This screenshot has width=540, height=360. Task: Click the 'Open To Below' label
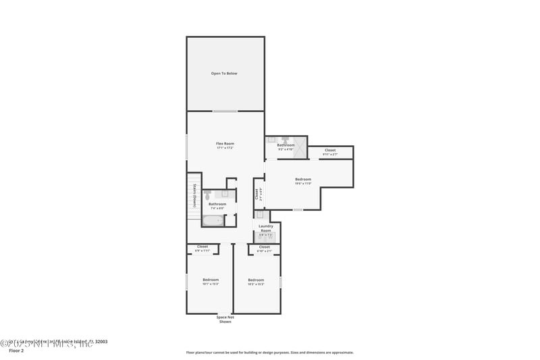[x=224, y=73]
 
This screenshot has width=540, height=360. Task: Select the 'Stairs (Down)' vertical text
[x=194, y=195]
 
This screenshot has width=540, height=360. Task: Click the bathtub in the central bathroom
[x=213, y=220]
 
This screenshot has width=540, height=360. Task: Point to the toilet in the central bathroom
[x=225, y=193]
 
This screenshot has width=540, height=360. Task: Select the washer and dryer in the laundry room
[x=266, y=237]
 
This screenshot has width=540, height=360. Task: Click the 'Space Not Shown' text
[x=225, y=319]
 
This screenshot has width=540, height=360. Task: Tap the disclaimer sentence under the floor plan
[x=269, y=352]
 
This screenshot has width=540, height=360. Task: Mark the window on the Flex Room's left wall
[x=187, y=147]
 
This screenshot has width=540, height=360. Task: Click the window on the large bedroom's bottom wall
[x=298, y=209]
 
